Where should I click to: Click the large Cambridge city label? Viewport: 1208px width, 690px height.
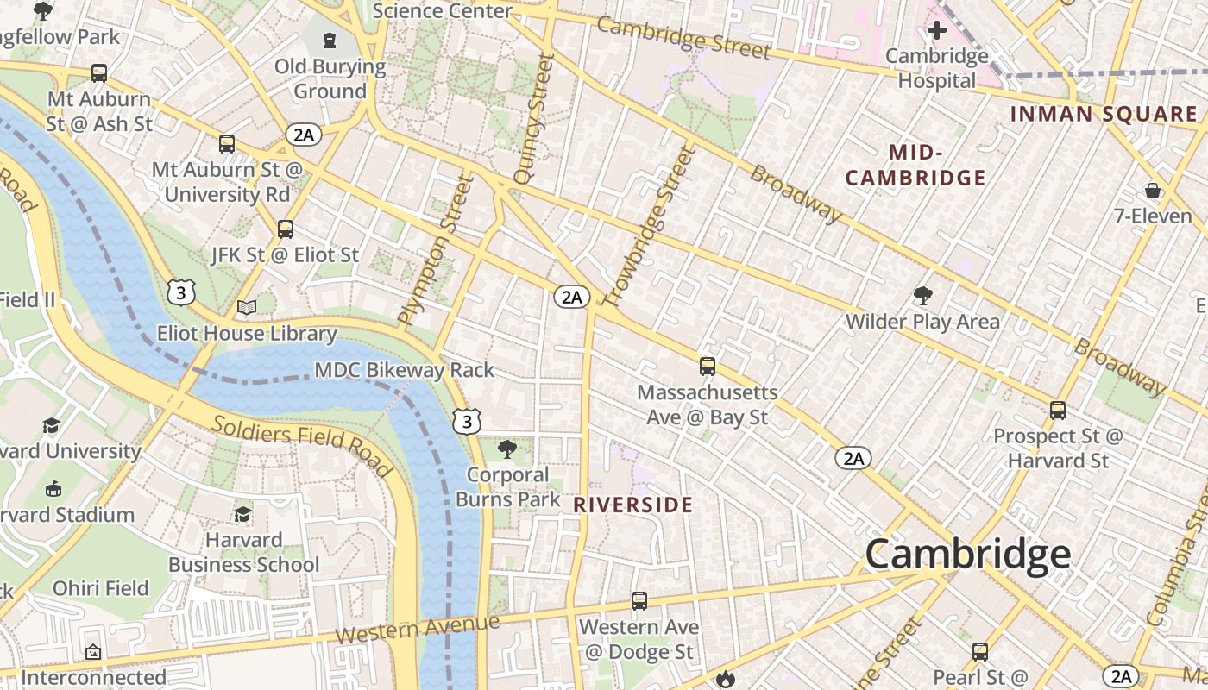click(967, 554)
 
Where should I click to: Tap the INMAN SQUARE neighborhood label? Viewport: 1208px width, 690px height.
click(1103, 114)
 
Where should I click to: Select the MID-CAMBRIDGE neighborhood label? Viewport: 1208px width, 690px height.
click(915, 166)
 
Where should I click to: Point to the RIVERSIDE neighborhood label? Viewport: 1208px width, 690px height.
click(633, 505)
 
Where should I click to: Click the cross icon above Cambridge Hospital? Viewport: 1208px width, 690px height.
click(936, 31)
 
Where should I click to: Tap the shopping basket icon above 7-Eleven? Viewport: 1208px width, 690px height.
click(1153, 190)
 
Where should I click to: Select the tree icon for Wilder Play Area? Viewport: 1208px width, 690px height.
click(922, 297)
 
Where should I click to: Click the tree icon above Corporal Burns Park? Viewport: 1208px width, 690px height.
click(507, 448)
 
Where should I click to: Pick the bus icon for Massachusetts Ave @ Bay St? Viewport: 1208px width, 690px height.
click(707, 367)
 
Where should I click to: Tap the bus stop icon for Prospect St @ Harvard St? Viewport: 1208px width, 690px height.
click(1058, 411)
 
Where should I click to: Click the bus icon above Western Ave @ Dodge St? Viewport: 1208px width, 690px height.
click(639, 601)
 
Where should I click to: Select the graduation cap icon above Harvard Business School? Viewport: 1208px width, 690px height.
click(243, 514)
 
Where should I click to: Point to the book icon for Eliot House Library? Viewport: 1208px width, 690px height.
click(247, 307)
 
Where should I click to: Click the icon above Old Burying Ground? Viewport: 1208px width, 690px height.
click(330, 40)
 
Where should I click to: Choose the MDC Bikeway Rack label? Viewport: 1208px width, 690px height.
click(404, 371)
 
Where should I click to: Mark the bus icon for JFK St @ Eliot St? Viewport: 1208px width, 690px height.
click(286, 229)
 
